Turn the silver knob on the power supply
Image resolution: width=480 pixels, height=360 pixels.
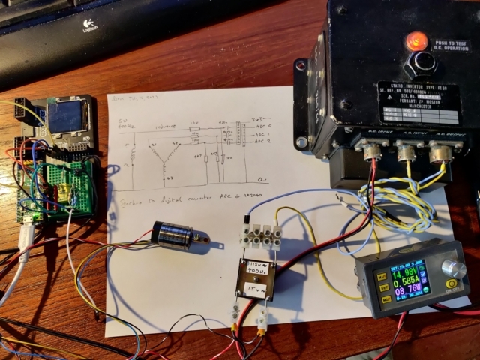coord(451,268)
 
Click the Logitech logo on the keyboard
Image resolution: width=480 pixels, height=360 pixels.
coord(92,24)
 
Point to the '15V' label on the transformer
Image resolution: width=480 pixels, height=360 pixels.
coord(255,289)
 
